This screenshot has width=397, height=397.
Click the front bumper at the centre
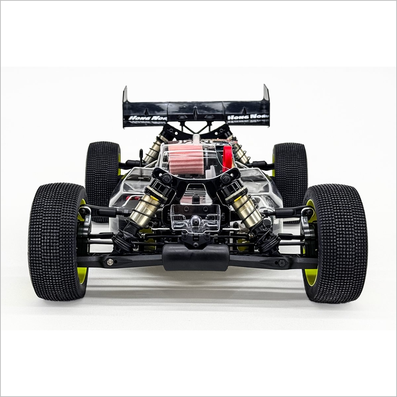tap(195, 257)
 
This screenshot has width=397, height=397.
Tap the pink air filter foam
tap(186, 159)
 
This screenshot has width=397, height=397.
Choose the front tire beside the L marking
tap(335, 243)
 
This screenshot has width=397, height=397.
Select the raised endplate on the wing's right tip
tap(266, 93)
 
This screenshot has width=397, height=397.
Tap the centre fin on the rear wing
tap(196, 112)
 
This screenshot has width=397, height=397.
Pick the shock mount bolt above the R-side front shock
tap(167, 178)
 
